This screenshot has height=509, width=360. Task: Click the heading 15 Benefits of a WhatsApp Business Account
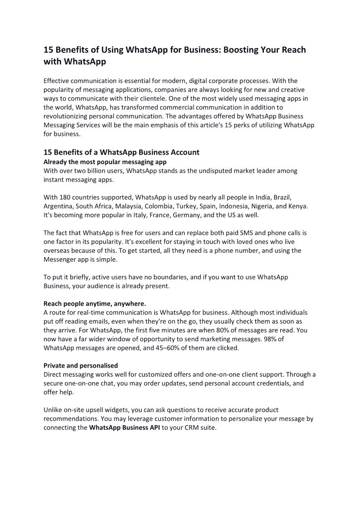click(x=121, y=152)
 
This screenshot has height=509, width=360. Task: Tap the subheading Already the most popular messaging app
click(x=105, y=161)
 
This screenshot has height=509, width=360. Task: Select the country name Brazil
click(x=279, y=197)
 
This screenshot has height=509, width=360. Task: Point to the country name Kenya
click(x=298, y=206)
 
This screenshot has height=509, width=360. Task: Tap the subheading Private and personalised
click(x=81, y=365)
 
